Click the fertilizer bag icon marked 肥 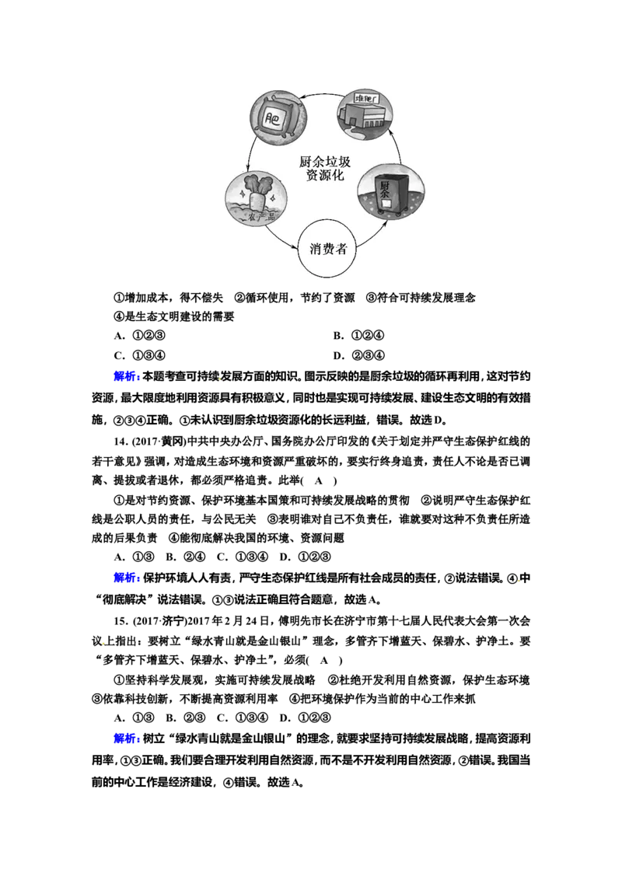coord(278,118)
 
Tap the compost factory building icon coord(365,114)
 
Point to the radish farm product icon coord(256,198)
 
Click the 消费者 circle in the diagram coord(327,249)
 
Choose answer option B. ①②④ coord(358,336)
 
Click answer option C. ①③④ coord(140,355)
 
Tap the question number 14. coord(121,441)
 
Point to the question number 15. coord(121,620)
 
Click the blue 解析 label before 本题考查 coord(127,376)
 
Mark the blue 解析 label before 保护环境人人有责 coord(127,578)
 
